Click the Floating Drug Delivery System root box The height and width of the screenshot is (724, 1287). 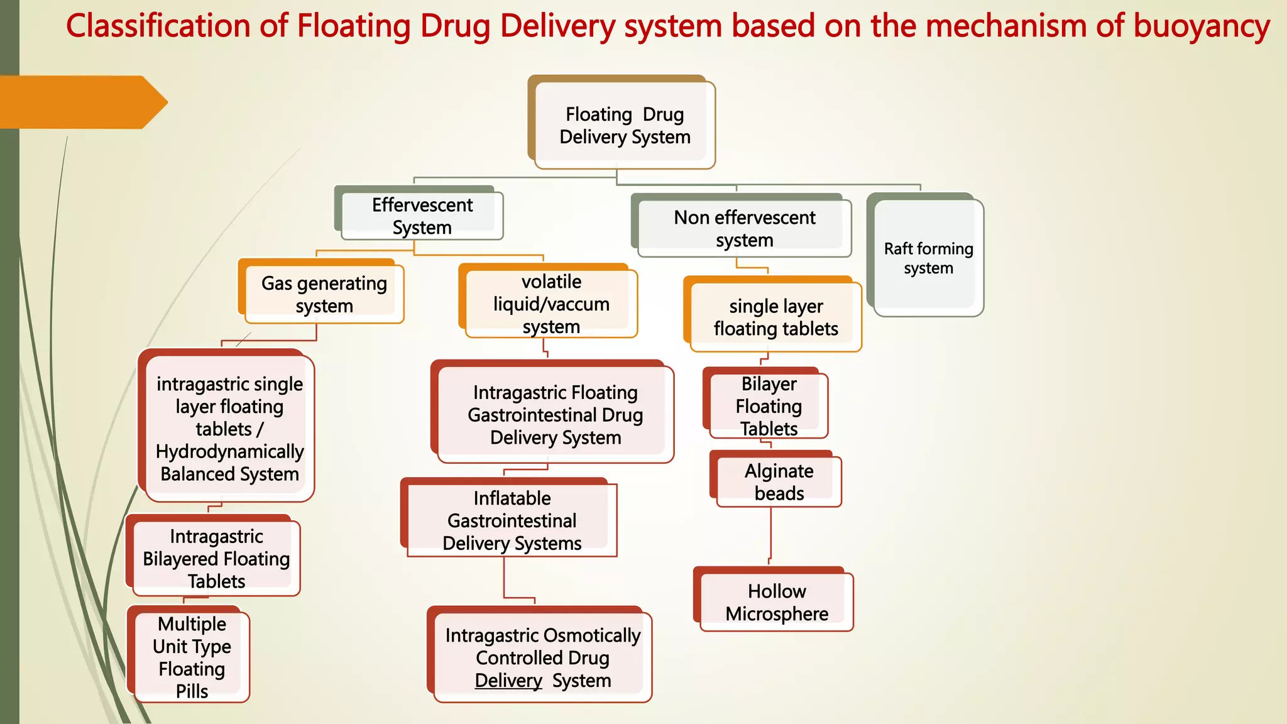coord(624,125)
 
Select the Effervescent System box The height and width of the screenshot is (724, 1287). coord(422,216)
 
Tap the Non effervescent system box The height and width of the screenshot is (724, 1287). coord(744,228)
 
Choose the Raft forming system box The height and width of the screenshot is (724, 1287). coord(928,258)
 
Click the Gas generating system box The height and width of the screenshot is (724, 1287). coord(324,294)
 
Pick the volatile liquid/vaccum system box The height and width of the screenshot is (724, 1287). coord(550,304)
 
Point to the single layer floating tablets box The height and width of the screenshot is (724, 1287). coord(775,317)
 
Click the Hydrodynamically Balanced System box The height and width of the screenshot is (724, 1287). coord(229,429)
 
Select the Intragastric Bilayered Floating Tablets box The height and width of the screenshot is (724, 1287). coord(216,558)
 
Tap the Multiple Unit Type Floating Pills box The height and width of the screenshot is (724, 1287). coord(192,657)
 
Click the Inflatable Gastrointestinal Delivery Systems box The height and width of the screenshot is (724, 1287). coord(512,520)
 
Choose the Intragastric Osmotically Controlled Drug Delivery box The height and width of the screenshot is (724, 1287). coord(542,657)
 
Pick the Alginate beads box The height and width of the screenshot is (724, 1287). coord(779,482)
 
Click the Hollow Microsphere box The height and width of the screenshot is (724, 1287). coord(776,602)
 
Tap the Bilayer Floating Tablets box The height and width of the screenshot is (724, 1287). coord(769,405)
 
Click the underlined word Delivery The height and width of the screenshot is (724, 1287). coord(508,681)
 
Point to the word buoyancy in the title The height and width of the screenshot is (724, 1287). coord(1202,26)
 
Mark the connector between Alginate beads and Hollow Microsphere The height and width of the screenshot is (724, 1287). coord(770,534)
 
